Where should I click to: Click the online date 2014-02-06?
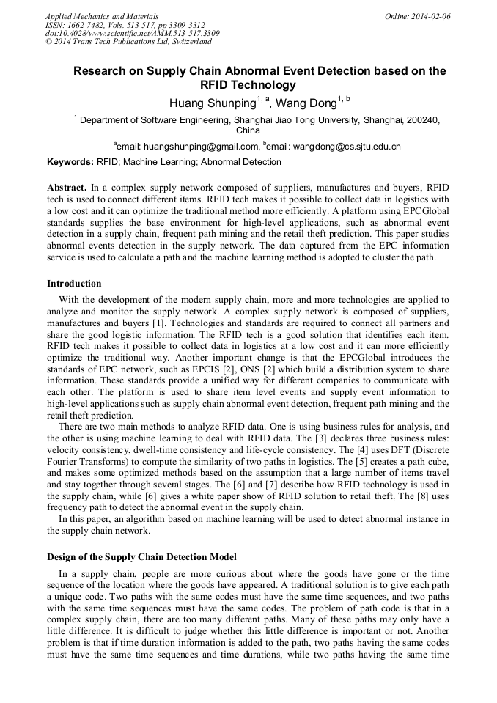click(430, 15)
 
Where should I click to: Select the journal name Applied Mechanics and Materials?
click(102, 15)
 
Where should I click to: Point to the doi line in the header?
click(132, 33)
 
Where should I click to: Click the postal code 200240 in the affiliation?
click(421, 119)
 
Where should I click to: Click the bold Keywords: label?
click(70, 162)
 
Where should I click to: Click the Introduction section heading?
click(74, 284)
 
